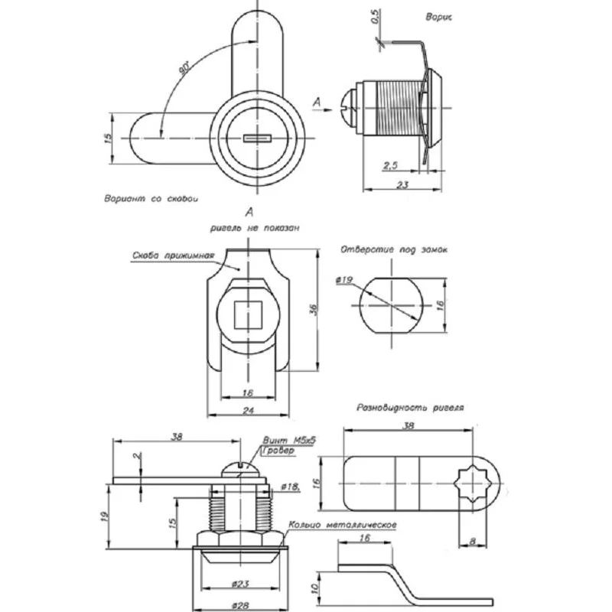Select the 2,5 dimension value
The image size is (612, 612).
[x=390, y=165]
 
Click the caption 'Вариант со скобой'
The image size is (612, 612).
[x=151, y=198]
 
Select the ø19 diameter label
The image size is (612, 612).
[x=343, y=281]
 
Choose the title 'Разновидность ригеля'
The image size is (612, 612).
[x=411, y=409]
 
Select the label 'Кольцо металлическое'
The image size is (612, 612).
[x=342, y=526]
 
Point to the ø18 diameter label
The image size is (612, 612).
[x=290, y=487]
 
